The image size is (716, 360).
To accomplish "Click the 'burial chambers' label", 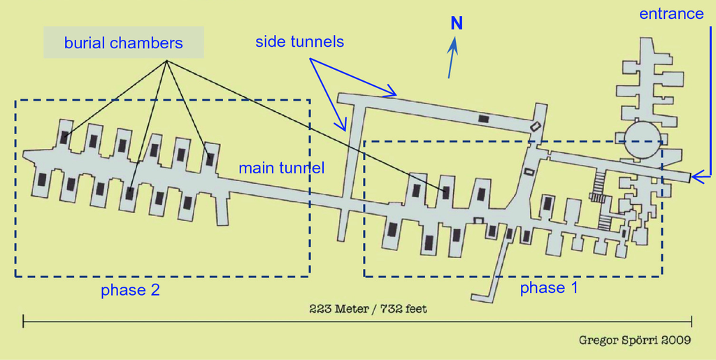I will (x=123, y=43).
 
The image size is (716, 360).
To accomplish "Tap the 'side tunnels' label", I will (x=299, y=42).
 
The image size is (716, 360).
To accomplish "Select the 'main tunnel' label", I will (x=282, y=168).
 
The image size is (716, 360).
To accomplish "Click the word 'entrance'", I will (x=671, y=14).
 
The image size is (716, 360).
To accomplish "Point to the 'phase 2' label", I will (x=130, y=290).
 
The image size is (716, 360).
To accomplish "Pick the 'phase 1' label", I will (x=549, y=287).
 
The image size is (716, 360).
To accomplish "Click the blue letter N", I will (x=457, y=24).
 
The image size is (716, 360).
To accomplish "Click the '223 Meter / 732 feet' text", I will (x=368, y=308).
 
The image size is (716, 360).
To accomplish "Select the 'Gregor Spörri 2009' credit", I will (x=636, y=340).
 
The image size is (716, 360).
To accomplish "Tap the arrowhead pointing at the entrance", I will (x=696, y=178).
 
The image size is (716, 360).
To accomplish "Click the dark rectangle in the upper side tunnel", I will (x=484, y=119).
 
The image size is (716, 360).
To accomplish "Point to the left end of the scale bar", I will (x=24, y=321).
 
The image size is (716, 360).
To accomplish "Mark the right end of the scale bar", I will (x=692, y=321).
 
